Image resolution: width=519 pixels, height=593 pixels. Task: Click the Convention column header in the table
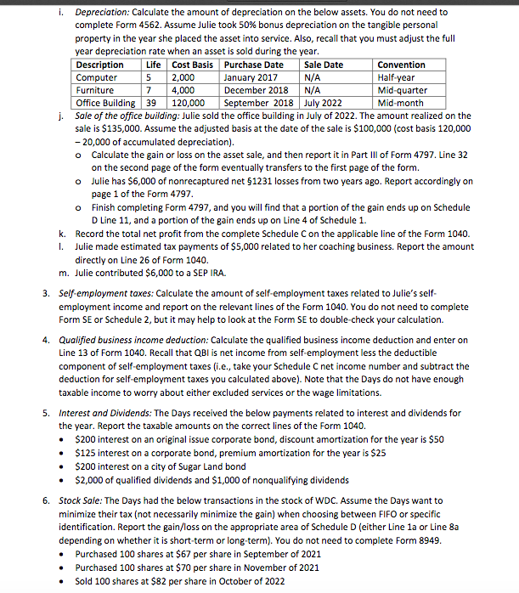(x=401, y=65)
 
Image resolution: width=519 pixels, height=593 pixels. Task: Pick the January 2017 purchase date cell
(x=251, y=77)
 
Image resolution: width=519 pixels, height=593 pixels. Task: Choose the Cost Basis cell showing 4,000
(x=184, y=90)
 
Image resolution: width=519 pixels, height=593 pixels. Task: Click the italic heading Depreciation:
(x=103, y=13)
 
